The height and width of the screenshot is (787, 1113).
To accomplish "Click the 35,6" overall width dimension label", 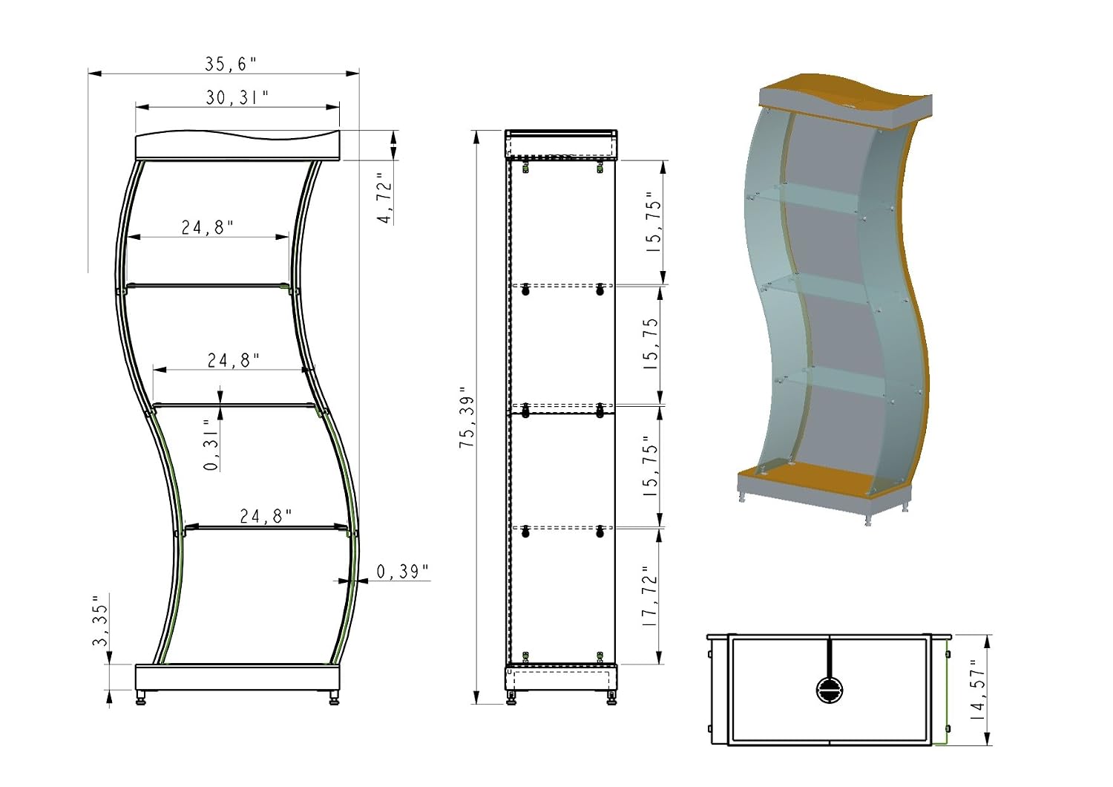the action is coord(231,64).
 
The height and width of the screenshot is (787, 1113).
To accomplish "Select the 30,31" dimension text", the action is coord(237,98).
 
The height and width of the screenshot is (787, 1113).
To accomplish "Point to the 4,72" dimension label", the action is coord(386,198).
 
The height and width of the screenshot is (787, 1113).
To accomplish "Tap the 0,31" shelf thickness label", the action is coord(211,445).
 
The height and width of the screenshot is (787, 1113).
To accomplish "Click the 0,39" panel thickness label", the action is coord(402,572).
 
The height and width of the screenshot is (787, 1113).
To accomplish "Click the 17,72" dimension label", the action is coord(650,595).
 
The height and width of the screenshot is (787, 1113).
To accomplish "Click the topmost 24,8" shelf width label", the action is coord(207,228).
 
